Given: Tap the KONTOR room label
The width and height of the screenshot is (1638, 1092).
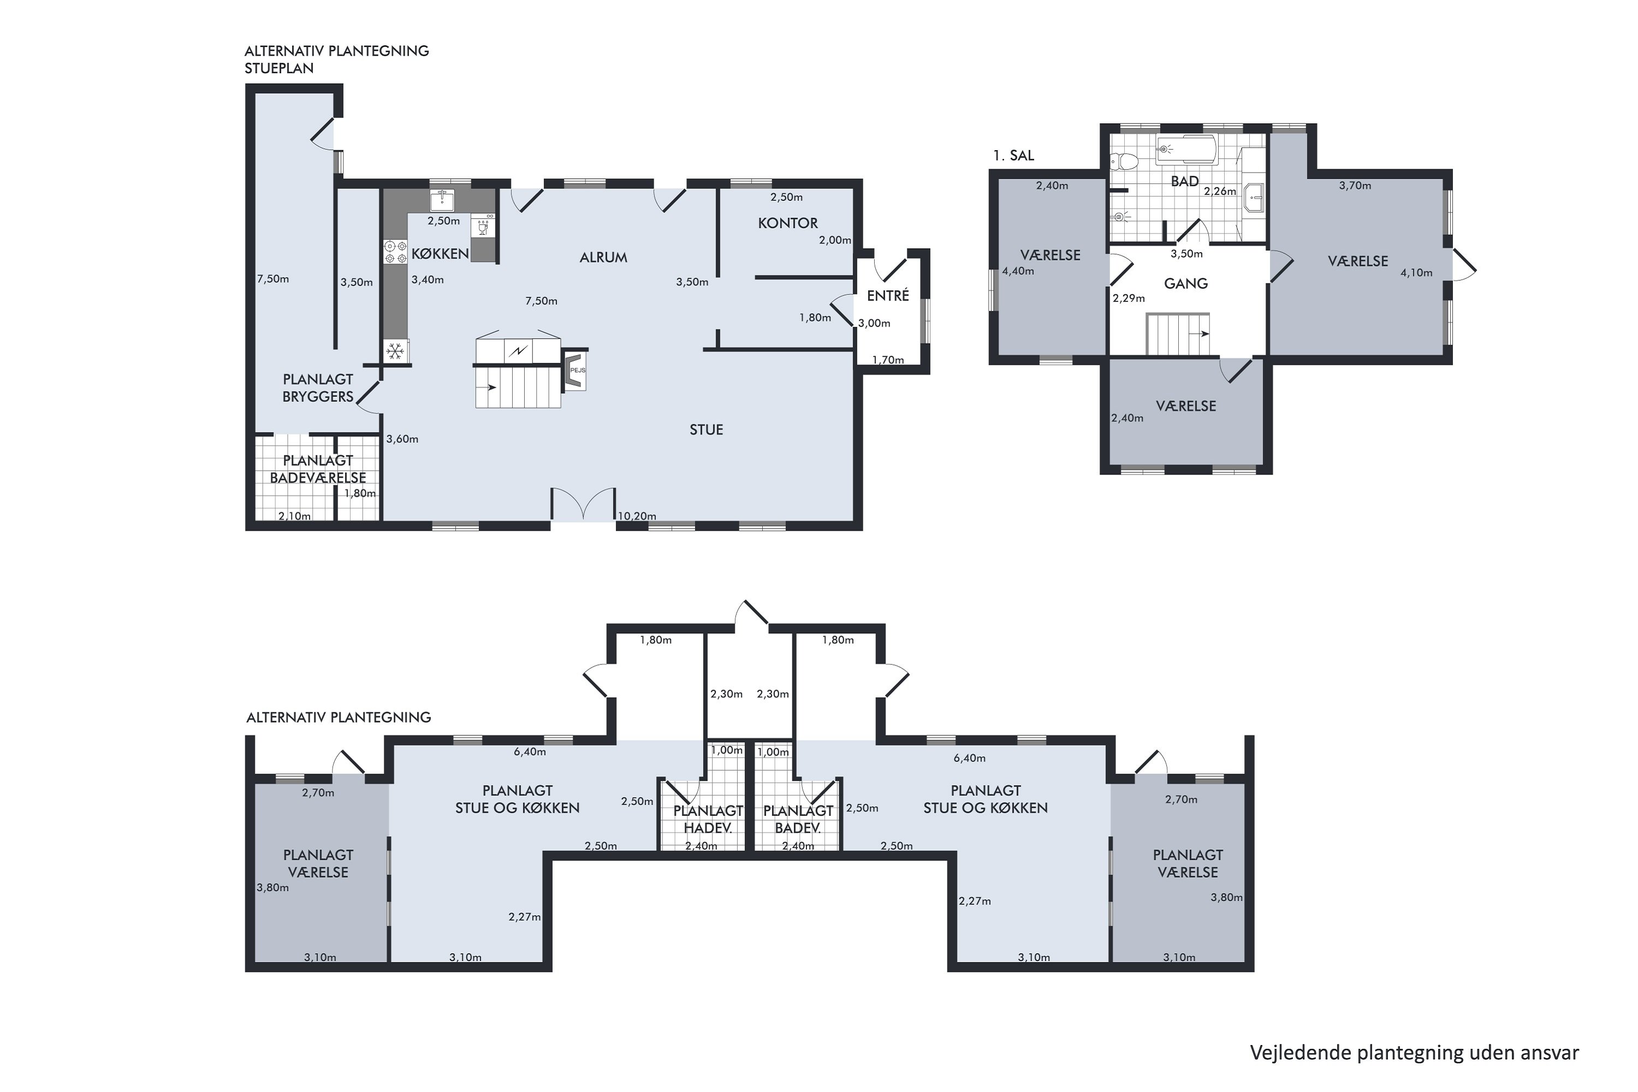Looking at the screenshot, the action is coord(788,223).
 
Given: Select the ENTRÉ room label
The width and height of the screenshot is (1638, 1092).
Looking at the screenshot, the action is coord(888,295).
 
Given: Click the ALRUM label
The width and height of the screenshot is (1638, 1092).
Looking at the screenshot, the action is coord(603,257).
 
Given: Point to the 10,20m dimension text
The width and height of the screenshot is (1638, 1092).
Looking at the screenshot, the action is coord(637,516).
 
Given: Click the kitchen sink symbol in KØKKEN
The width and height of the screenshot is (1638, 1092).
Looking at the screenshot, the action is coord(442,200).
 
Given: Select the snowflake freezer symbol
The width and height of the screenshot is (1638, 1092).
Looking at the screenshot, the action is coord(395,351).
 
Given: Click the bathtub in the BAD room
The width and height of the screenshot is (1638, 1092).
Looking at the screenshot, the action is coord(1186,149).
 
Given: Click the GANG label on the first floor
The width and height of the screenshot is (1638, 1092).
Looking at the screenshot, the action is coord(1185,283).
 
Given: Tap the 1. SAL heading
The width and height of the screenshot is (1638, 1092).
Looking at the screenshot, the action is coord(1013,155).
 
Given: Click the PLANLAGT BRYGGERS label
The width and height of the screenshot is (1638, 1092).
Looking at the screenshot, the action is coord(318,388).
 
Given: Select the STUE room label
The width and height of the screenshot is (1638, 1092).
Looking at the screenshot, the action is coord(706,430).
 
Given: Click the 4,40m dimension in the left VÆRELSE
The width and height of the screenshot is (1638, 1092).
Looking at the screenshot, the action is coord(1018,271).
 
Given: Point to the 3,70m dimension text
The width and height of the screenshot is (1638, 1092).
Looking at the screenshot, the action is coord(1355,185).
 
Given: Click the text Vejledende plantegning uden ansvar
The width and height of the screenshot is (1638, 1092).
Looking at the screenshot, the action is coord(1415,1053).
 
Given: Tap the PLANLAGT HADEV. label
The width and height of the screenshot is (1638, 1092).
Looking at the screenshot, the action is coord(708,819).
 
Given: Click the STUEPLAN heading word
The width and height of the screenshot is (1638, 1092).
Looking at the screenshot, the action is coord(278,68).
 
